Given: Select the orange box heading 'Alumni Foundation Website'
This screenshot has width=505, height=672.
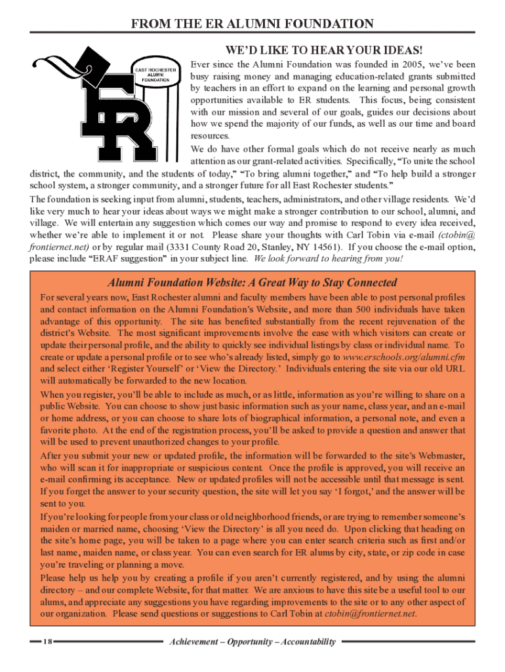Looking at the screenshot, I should point(253,283).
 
